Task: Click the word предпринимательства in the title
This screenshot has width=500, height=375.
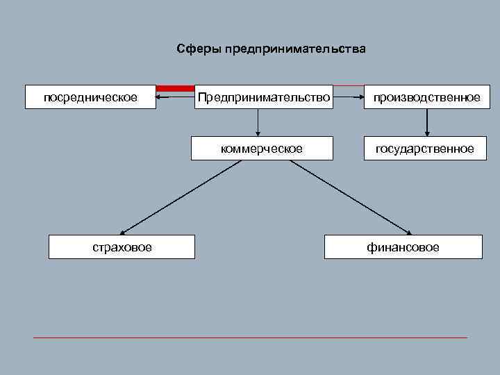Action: pyautogui.click(x=294, y=49)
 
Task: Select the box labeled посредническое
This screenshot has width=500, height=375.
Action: pyautogui.click(x=90, y=97)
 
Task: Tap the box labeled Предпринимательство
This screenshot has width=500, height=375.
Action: pyautogui.click(x=264, y=97)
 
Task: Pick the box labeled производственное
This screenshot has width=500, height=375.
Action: pyautogui.click(x=426, y=97)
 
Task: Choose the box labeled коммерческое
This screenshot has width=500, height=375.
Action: pyautogui.click(x=262, y=149)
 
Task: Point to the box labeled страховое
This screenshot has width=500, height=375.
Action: pyautogui.click(x=122, y=247)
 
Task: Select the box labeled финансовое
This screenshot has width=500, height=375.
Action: pyautogui.click(x=403, y=247)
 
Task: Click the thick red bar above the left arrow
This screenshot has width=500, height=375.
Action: pyautogui.click(x=176, y=88)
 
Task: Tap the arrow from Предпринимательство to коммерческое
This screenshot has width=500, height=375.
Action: pyautogui.click(x=258, y=122)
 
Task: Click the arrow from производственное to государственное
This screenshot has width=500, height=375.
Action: pyautogui.click(x=426, y=122)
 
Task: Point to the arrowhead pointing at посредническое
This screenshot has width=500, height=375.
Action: pyautogui.click(x=159, y=97)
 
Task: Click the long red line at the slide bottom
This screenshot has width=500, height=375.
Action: pyautogui.click(x=250, y=337)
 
